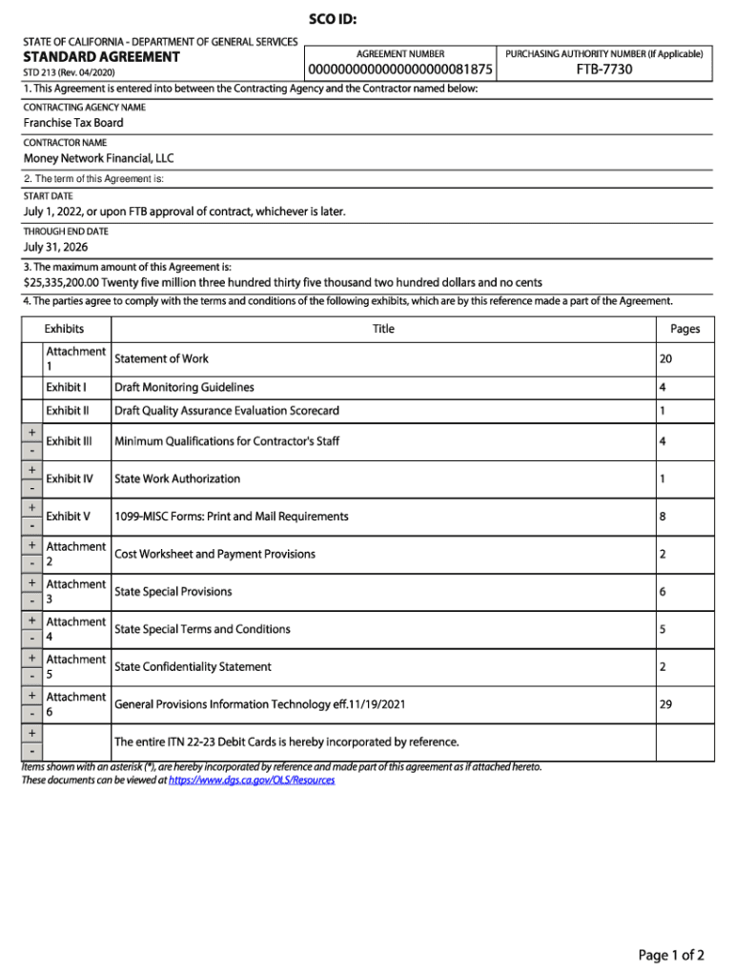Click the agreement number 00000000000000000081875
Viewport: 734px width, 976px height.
[399, 71]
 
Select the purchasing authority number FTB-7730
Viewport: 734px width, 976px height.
[604, 70]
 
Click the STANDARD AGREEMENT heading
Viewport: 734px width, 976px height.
[101, 57]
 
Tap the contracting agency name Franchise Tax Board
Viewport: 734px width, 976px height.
[73, 123]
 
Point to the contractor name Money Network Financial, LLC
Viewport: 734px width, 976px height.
[99, 158]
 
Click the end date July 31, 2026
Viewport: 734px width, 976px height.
[55, 247]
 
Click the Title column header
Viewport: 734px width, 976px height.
[383, 329]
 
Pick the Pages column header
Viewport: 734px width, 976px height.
[684, 329]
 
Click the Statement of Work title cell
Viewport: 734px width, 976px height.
[161, 358]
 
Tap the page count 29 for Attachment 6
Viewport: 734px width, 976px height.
[665, 704]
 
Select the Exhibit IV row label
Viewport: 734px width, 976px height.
[70, 478]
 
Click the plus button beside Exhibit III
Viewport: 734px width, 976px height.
[32, 433]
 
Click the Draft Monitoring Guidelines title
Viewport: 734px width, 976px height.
[184, 388]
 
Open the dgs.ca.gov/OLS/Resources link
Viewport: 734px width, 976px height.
[252, 780]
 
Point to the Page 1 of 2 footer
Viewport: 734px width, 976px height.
[671, 955]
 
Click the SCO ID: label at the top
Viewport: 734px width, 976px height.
[333, 20]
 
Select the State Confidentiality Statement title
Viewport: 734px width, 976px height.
[193, 667]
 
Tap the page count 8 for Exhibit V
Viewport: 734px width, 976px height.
[663, 517]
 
